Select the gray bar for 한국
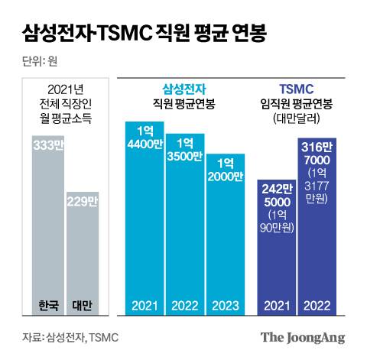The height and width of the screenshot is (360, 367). click(x=48, y=229)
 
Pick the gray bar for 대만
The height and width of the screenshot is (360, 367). click(x=82, y=252)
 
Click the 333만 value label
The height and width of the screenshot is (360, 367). click(x=48, y=146)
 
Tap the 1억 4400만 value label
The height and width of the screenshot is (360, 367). click(x=145, y=135)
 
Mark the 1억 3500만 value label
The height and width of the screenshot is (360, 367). click(x=184, y=148)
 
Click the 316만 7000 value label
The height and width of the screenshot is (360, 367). click(x=317, y=153)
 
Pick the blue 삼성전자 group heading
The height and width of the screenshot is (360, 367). click(x=185, y=88)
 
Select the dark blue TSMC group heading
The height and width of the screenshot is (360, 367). click(x=297, y=88)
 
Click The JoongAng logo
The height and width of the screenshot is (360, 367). click(x=303, y=336)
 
